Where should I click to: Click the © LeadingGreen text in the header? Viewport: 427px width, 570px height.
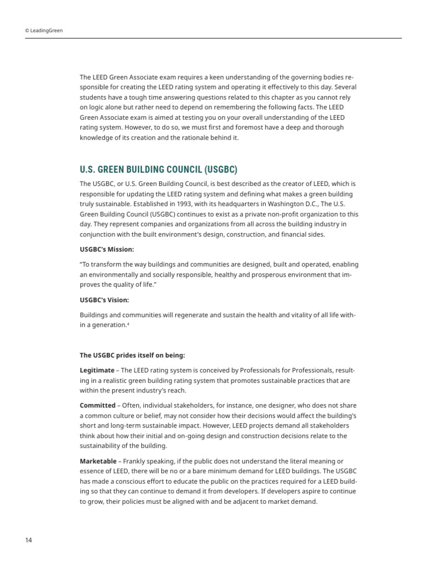[x=44, y=31]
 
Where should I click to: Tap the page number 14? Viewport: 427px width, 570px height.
[x=28, y=540]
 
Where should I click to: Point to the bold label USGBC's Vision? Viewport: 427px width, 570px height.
[x=104, y=300]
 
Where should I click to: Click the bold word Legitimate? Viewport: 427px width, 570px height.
[x=98, y=370]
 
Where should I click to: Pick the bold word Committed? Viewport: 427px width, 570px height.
[x=98, y=405]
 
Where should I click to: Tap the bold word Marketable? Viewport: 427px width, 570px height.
[x=98, y=461]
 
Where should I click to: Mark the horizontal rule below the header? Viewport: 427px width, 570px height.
[x=213, y=38]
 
